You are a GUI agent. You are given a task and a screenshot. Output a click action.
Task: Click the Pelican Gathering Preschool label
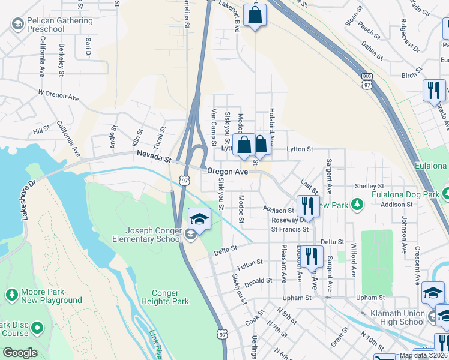(x=57, y=25)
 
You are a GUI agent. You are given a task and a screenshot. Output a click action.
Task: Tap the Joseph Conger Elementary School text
(x=153, y=235)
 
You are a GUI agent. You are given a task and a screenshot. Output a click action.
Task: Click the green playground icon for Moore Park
(x=10, y=295)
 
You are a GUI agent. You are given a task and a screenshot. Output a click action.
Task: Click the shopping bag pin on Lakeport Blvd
(x=255, y=16)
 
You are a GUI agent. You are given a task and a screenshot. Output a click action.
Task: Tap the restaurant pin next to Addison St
(x=307, y=206)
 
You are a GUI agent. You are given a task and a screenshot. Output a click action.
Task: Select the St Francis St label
(x=289, y=229)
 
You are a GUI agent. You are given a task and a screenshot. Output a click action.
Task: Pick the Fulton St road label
(x=250, y=263)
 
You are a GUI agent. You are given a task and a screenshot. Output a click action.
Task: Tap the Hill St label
(x=41, y=130)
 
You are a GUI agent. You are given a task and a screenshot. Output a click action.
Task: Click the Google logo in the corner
(x=19, y=353)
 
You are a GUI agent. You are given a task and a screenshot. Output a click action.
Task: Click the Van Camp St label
(x=213, y=128)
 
